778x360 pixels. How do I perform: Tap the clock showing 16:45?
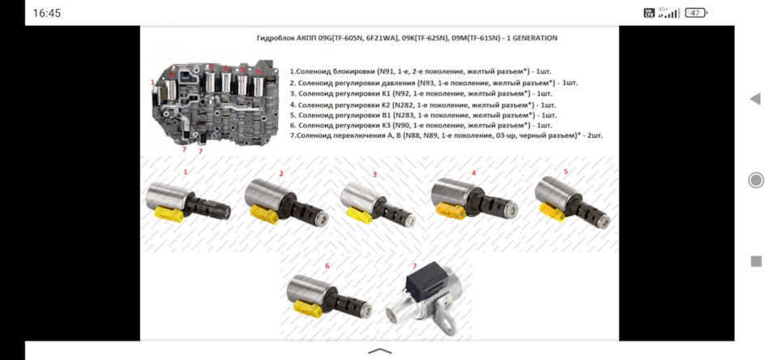click(47, 14)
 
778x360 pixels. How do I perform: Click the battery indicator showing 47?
click(695, 14)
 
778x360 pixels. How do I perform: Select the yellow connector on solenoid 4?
click(451, 211)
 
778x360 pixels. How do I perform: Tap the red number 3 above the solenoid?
click(374, 174)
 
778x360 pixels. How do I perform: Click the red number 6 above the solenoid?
click(327, 266)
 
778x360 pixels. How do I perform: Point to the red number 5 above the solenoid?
click(566, 172)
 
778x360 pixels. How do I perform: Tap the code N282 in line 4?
click(403, 105)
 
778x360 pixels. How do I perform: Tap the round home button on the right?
click(755, 180)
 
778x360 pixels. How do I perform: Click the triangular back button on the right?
click(754, 99)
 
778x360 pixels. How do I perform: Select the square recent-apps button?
click(756, 261)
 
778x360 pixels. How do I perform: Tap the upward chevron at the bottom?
click(380, 351)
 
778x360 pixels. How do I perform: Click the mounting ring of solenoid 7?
click(447, 323)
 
